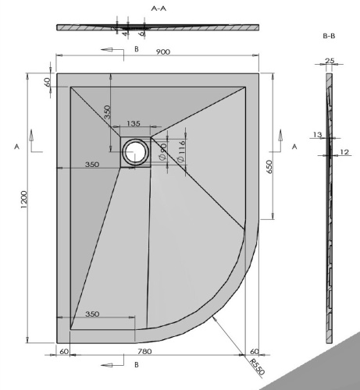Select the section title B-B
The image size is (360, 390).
pyautogui.click(x=329, y=37)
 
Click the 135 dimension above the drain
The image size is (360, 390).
pyautogui.click(x=133, y=124)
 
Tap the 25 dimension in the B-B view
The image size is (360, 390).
pyautogui.click(x=329, y=61)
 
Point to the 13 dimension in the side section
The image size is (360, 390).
pyautogui.click(x=317, y=135)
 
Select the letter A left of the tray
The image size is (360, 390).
pyautogui.click(x=16, y=146)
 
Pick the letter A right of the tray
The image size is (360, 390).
pyautogui.click(x=294, y=146)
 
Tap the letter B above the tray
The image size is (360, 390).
pyautogui.click(x=136, y=49)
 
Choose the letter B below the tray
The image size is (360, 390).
pyautogui.click(x=136, y=363)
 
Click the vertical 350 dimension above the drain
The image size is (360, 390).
pyautogui.click(x=107, y=112)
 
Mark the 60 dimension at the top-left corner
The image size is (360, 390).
pyautogui.click(x=48, y=81)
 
